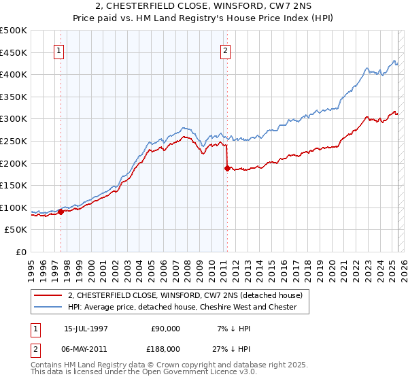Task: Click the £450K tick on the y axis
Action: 14,52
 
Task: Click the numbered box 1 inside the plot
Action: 59,50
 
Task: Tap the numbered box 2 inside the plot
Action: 225,50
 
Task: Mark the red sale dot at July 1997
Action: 61,212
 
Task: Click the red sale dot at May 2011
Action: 226,168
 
